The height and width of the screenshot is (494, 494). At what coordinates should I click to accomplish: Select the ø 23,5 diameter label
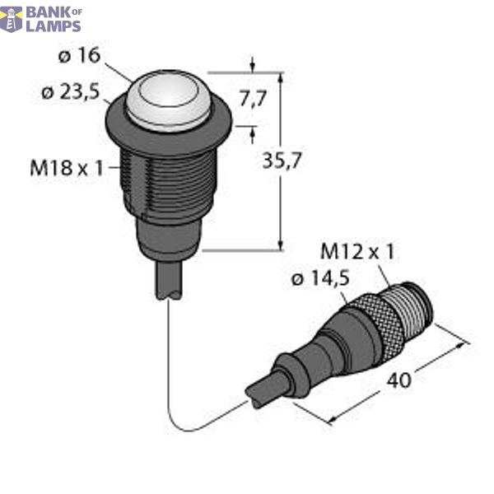coord(71,92)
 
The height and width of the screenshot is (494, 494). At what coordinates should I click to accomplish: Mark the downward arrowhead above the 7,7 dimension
coord(252,65)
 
